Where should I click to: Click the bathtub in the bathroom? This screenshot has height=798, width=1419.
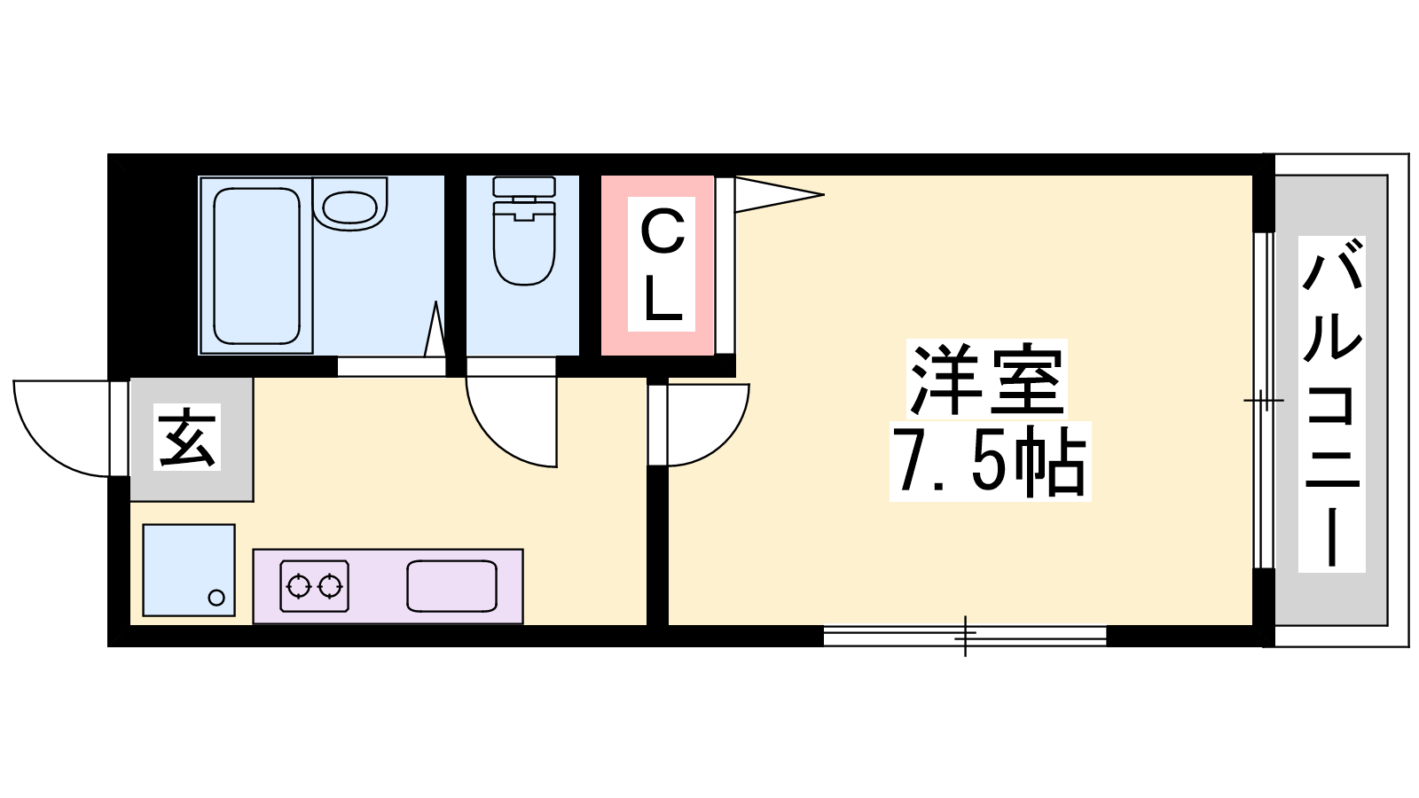point(256,266)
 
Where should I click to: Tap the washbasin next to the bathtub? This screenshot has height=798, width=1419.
point(349,205)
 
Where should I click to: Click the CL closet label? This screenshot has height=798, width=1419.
point(662,264)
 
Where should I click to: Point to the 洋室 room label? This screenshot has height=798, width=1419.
point(987,379)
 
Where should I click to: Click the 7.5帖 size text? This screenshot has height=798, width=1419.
point(990,461)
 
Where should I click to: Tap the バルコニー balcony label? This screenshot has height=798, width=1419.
point(1331,404)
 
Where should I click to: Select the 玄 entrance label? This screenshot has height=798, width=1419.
point(187,437)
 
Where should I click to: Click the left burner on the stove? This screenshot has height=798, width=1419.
point(298,586)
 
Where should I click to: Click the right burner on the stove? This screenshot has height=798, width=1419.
point(330,586)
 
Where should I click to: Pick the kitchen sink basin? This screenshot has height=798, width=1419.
point(451,586)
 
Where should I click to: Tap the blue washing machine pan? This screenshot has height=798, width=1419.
point(189,570)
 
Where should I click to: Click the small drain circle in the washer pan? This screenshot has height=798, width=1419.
point(216,598)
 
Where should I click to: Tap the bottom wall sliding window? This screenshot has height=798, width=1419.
point(965,635)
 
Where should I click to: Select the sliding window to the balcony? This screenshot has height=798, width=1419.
point(1265,400)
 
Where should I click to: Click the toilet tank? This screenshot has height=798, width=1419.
point(524,186)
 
